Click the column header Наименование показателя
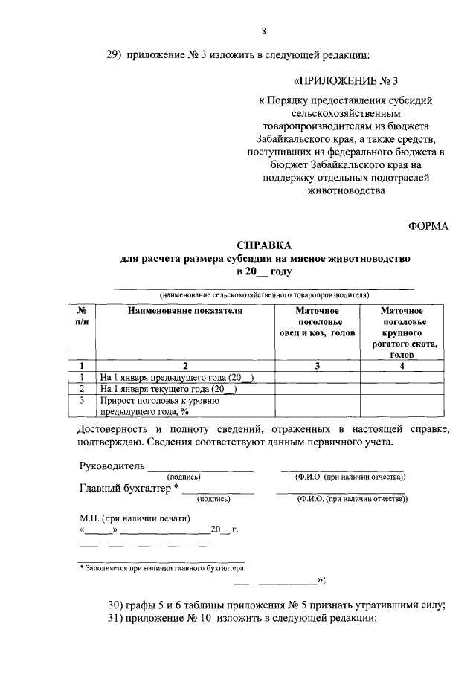(x=185, y=310)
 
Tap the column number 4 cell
(x=402, y=366)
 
